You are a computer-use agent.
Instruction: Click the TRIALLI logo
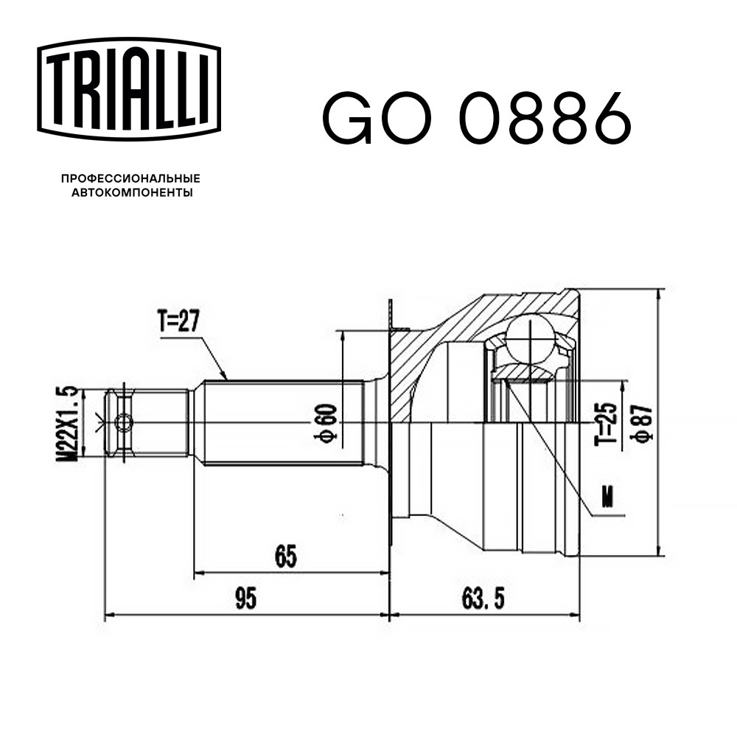coord(129,89)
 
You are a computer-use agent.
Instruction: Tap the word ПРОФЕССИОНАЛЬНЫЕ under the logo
coord(130,178)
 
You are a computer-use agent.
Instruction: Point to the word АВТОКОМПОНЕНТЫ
coord(132,192)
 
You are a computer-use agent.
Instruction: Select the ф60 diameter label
coord(325,422)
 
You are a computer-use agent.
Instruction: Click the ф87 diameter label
coord(642,422)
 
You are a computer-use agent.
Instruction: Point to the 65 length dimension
coord(286,556)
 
